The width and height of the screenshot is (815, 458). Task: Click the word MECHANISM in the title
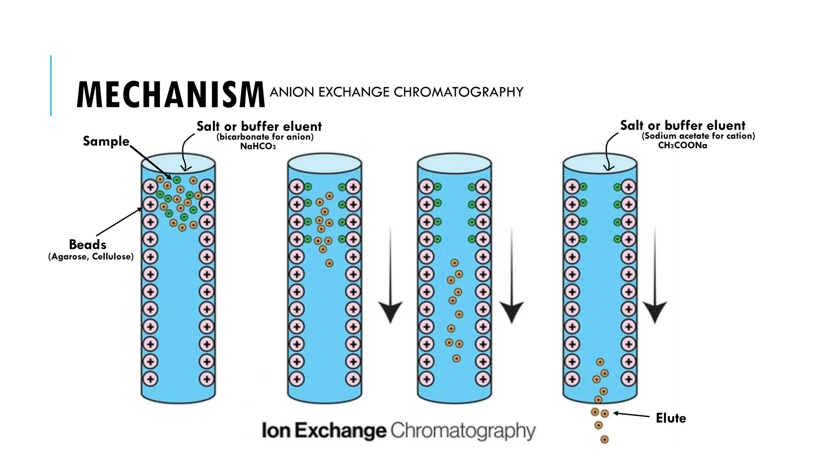[x=170, y=95]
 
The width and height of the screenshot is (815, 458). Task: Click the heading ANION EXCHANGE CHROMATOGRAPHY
[x=396, y=92]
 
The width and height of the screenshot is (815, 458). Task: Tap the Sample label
[x=106, y=141]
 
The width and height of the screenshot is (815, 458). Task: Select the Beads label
[x=88, y=244]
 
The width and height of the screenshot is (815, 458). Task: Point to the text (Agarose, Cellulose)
[x=91, y=256]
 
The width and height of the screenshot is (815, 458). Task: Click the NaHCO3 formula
[x=258, y=146]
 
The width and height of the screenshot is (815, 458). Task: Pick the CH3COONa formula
[x=682, y=146]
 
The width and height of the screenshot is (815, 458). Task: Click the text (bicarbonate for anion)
[x=265, y=137]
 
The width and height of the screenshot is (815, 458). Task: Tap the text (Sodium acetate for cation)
[x=698, y=136]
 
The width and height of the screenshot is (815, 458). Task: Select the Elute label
[x=671, y=418]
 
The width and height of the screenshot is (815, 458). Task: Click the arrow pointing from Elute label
[x=631, y=415]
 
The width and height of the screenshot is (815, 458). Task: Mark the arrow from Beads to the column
[x=119, y=222]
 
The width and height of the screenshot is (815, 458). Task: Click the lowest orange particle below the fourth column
[x=604, y=439]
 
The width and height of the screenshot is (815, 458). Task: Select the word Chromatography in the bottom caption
[x=463, y=431]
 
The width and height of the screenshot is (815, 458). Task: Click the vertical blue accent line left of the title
[x=51, y=85]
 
